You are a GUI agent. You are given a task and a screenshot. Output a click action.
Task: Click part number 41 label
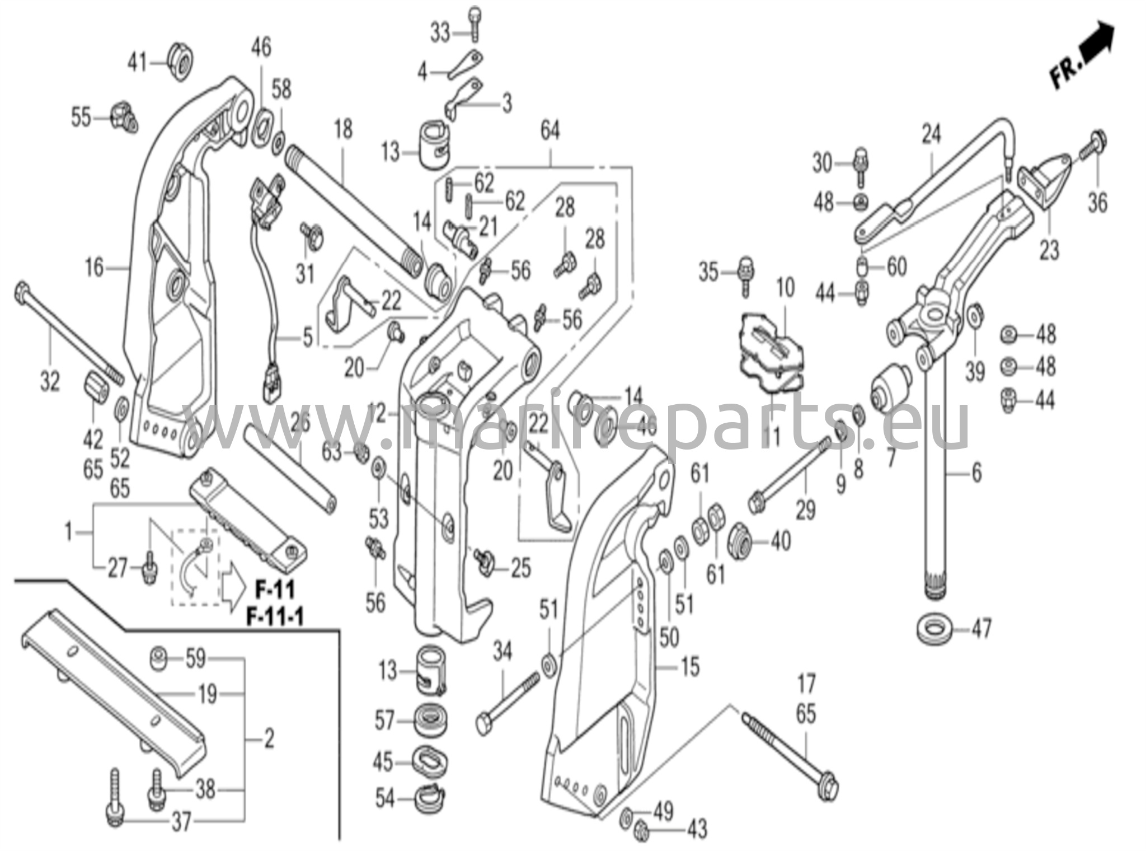pos(138,62)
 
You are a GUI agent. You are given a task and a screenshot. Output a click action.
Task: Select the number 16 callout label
pos(95,267)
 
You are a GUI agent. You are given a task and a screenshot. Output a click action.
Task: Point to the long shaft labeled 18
pos(353,207)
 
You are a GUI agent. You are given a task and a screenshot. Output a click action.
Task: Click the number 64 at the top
pos(549,131)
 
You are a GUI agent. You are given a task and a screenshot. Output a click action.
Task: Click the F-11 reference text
pos(275,589)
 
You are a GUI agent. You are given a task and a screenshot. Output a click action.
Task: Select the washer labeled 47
pos(936,628)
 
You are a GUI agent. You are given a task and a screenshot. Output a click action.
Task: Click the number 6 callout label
pos(976,474)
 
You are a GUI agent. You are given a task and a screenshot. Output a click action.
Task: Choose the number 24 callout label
pos(932,134)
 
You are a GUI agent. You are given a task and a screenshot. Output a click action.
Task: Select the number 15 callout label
pos(690,667)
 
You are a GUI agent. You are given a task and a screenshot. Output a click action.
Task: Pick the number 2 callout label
pos(269,740)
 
